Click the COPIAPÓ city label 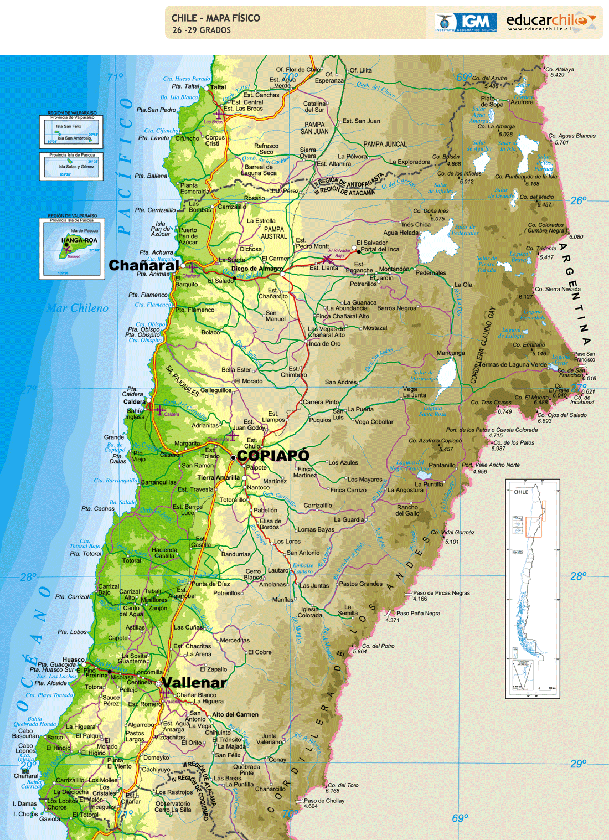[273, 456]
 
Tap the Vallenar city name [194, 683]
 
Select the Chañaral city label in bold [144, 265]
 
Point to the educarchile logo [551, 22]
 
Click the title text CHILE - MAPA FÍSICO [215, 18]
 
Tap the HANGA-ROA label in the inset [79, 240]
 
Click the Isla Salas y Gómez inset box [71, 166]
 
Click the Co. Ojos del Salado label [561, 415]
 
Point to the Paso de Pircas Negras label [441, 593]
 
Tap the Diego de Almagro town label [257, 269]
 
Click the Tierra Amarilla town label [218, 477]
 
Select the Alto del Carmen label [235, 714]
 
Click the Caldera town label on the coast [135, 402]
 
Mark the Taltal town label [218, 87]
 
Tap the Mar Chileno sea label [78, 308]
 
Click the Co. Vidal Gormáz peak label [452, 533]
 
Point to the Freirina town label [96, 675]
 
